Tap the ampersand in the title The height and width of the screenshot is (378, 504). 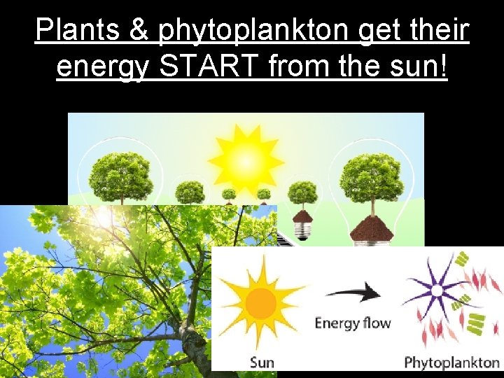pyautogui.click(x=139, y=30)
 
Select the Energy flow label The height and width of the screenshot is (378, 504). pyautogui.click(x=352, y=323)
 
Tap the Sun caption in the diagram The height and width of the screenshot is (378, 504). pyautogui.click(x=262, y=362)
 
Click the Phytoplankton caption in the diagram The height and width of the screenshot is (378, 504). pyautogui.click(x=451, y=363)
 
